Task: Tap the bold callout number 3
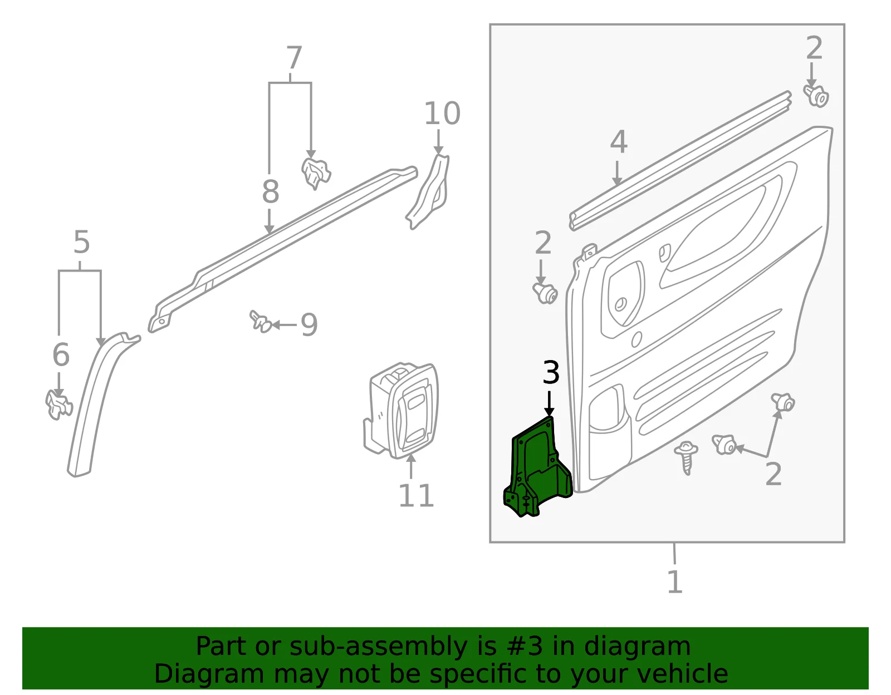click(x=551, y=372)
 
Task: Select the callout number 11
click(x=416, y=496)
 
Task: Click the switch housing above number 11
click(x=402, y=410)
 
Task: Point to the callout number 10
click(x=442, y=114)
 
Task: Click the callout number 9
click(x=309, y=325)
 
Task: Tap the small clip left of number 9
click(x=261, y=321)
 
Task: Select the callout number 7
click(x=295, y=58)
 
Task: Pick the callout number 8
click(x=271, y=191)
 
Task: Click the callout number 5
click(x=82, y=242)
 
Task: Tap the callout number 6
click(x=61, y=354)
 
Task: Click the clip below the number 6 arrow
click(x=58, y=405)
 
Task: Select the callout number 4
click(x=619, y=142)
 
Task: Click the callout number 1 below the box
click(x=675, y=581)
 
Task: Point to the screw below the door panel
click(x=686, y=457)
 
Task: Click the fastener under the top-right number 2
click(x=816, y=97)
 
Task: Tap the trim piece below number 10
click(x=428, y=191)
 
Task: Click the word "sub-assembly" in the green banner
click(x=379, y=647)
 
